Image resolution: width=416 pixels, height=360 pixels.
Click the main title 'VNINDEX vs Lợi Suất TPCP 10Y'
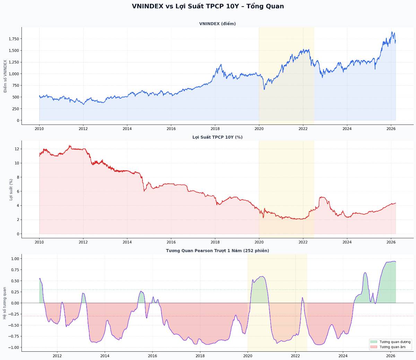pos(208,6)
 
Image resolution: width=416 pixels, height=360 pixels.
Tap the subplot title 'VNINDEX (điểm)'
pos(217,24)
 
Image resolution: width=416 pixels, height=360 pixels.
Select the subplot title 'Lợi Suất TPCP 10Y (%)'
pos(217,137)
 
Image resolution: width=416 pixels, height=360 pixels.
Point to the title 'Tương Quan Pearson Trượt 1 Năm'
pos(217,250)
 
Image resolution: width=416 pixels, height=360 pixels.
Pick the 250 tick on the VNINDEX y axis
pos(16,109)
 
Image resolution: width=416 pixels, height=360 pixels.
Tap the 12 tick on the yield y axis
pos(17,149)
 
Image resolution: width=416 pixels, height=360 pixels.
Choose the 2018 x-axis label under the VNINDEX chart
pos(215,129)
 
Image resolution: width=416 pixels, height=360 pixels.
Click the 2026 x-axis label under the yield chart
pos(391,242)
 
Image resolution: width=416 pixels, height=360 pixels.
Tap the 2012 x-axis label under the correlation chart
pos(57,355)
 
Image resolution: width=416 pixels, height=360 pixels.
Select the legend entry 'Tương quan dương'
pos(395,342)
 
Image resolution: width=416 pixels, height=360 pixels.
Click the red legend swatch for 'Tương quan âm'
pos(374,347)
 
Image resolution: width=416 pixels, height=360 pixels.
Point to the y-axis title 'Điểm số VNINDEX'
pos(5,76)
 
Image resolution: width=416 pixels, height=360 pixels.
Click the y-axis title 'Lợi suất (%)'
pos(11,189)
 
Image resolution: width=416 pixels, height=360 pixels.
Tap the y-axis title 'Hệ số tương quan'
pos(5,303)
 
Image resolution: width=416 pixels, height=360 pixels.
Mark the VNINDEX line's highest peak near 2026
pos(392,32)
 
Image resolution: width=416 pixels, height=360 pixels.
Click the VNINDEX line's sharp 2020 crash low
pos(264,89)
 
